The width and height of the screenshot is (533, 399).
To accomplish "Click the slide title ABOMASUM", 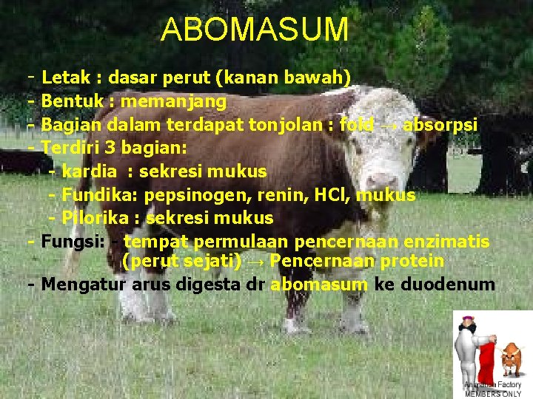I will pos(255,30).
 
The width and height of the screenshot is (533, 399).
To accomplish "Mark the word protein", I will pos(412,261).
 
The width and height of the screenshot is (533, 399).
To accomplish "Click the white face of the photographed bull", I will pos(382,148).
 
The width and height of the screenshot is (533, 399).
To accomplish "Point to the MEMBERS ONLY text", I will pos(494,394).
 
